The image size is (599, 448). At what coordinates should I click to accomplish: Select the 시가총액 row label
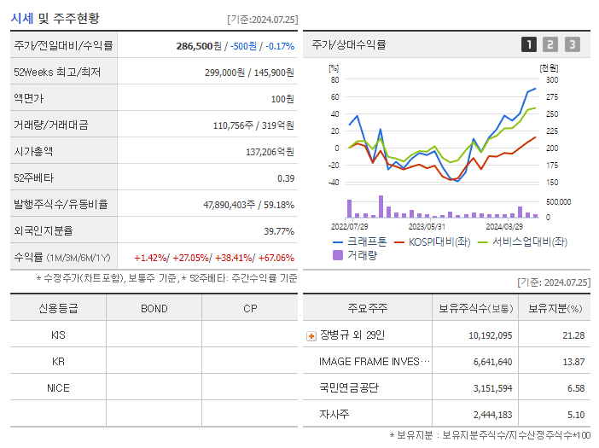tap(33, 151)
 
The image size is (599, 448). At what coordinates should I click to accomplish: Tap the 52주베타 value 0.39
tap(285, 177)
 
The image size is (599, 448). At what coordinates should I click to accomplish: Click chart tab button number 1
tap(529, 44)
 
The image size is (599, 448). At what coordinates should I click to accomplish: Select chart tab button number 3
tap(572, 44)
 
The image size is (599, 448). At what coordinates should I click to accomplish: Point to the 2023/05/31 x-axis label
tap(427, 226)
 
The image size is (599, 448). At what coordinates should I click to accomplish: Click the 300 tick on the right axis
tap(551, 79)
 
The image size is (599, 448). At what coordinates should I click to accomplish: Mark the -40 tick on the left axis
tap(334, 182)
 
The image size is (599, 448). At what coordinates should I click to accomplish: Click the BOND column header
tap(154, 308)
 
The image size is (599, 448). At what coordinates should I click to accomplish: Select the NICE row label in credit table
tap(58, 387)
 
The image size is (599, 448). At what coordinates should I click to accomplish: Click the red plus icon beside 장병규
tap(311, 335)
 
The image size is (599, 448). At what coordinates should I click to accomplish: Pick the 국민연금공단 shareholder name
tap(348, 387)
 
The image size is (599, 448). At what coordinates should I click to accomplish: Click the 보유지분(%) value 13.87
tap(573, 361)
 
